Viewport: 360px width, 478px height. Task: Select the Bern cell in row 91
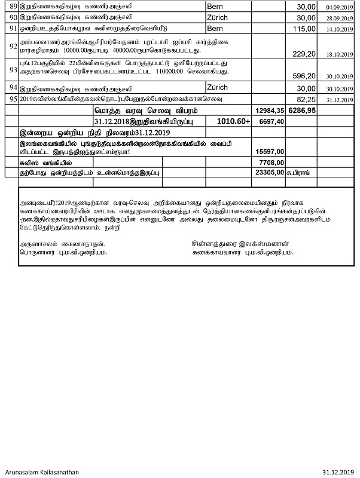216,29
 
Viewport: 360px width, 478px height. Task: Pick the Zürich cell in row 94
218,87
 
